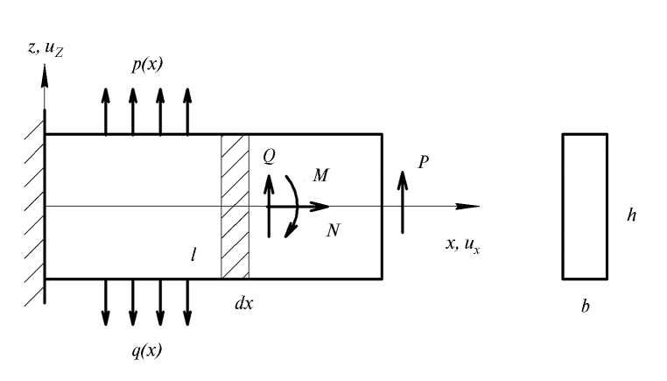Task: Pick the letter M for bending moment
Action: (x=320, y=175)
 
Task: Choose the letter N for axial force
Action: (x=333, y=230)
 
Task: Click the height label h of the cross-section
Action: (x=631, y=215)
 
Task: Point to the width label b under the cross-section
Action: (x=585, y=309)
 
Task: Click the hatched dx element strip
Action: (x=235, y=207)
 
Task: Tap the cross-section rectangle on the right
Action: (x=585, y=206)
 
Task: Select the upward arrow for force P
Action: (x=402, y=201)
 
